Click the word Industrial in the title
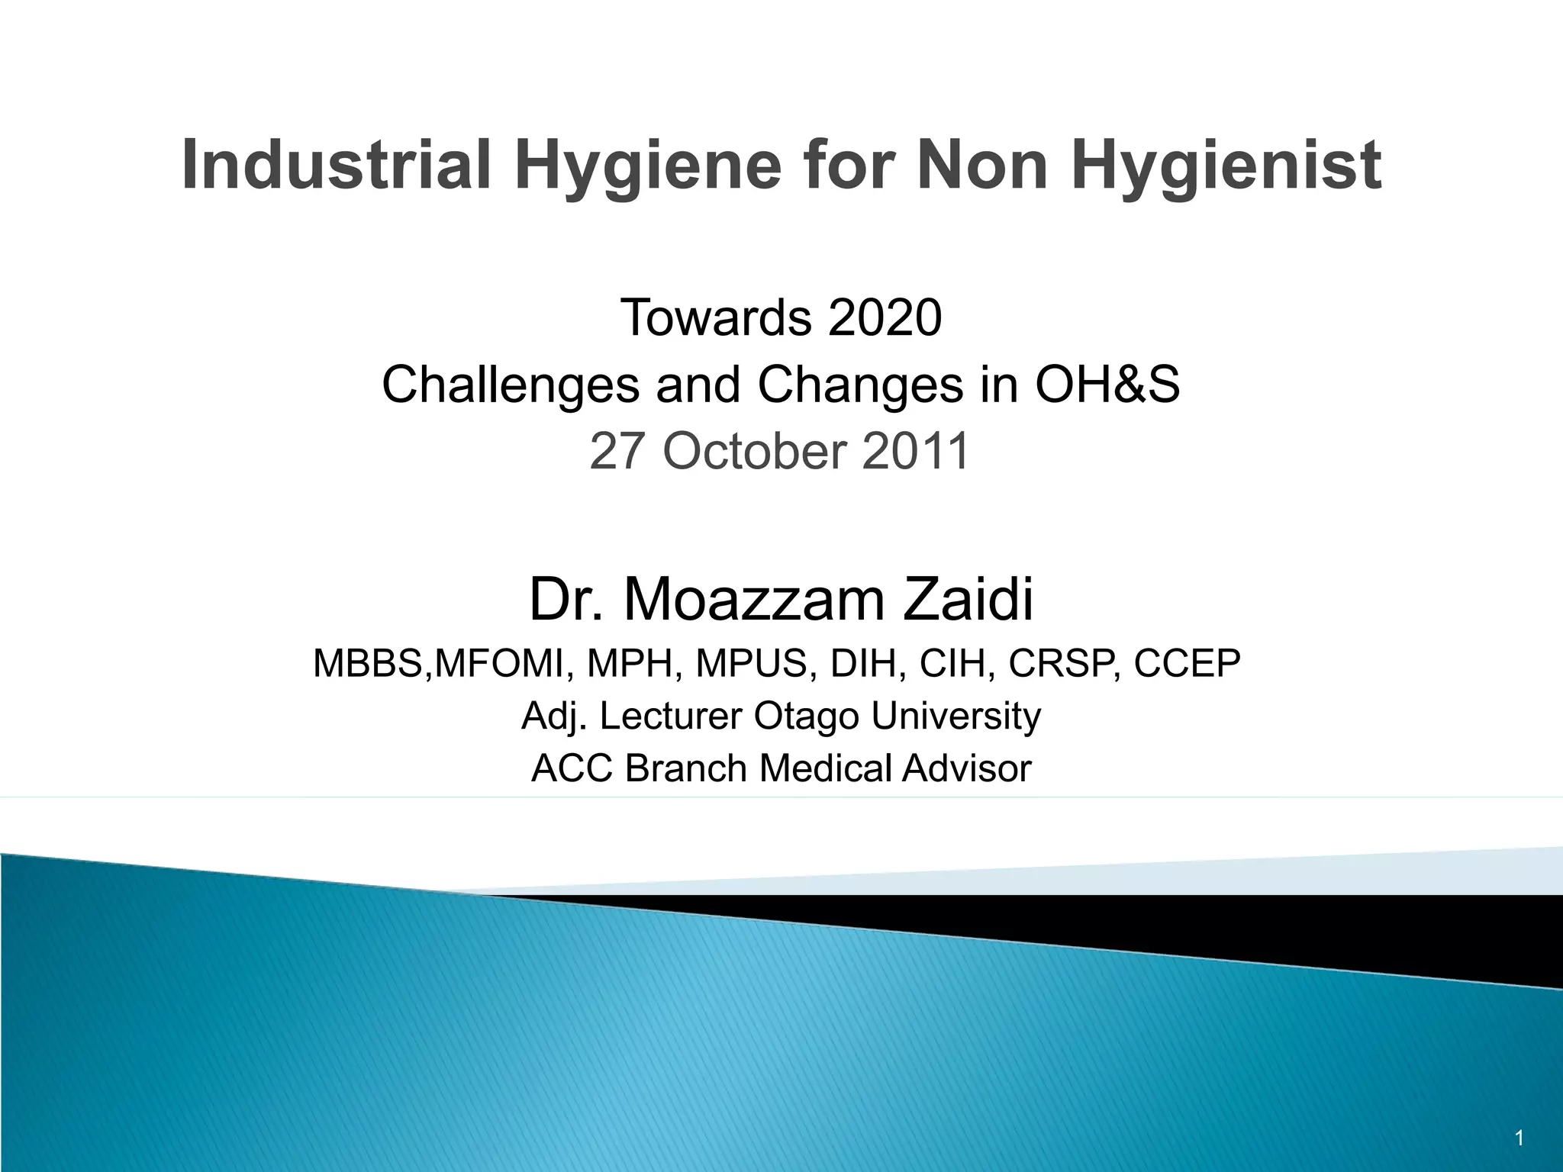tap(336, 165)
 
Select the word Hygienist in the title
tap(1226, 165)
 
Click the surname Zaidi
tap(968, 600)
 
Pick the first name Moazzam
tap(755, 600)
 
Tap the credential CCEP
tap(1187, 663)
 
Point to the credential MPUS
tap(751, 663)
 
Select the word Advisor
tap(967, 768)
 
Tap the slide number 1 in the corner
tap(1519, 1138)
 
